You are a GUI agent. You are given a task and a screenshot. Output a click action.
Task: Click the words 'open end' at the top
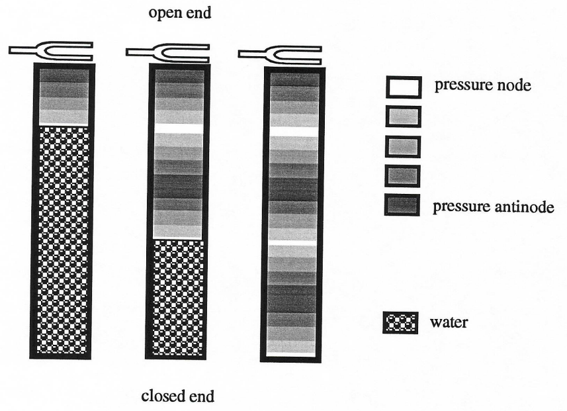pos(180,13)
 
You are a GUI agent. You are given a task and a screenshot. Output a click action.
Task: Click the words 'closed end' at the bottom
pos(177,396)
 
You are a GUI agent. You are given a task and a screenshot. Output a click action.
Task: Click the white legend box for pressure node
pos(403,87)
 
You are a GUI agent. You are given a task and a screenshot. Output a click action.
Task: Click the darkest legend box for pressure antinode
pos(403,206)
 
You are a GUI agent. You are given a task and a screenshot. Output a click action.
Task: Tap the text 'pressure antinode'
pos(494,206)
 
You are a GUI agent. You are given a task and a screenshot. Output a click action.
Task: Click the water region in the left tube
pos(63,238)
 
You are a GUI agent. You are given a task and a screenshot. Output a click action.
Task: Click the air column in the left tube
pos(63,96)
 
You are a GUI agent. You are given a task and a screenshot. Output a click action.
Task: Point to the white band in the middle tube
pos(177,128)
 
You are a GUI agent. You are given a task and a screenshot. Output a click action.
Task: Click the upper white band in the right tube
pos(294,131)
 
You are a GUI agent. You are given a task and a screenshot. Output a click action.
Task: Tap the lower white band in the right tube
pos(294,242)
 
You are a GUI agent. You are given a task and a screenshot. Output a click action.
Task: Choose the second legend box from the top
pos(403,116)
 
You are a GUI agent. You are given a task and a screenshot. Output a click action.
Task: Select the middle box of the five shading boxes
pos(403,146)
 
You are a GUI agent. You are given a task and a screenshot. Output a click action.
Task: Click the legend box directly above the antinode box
pos(403,176)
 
